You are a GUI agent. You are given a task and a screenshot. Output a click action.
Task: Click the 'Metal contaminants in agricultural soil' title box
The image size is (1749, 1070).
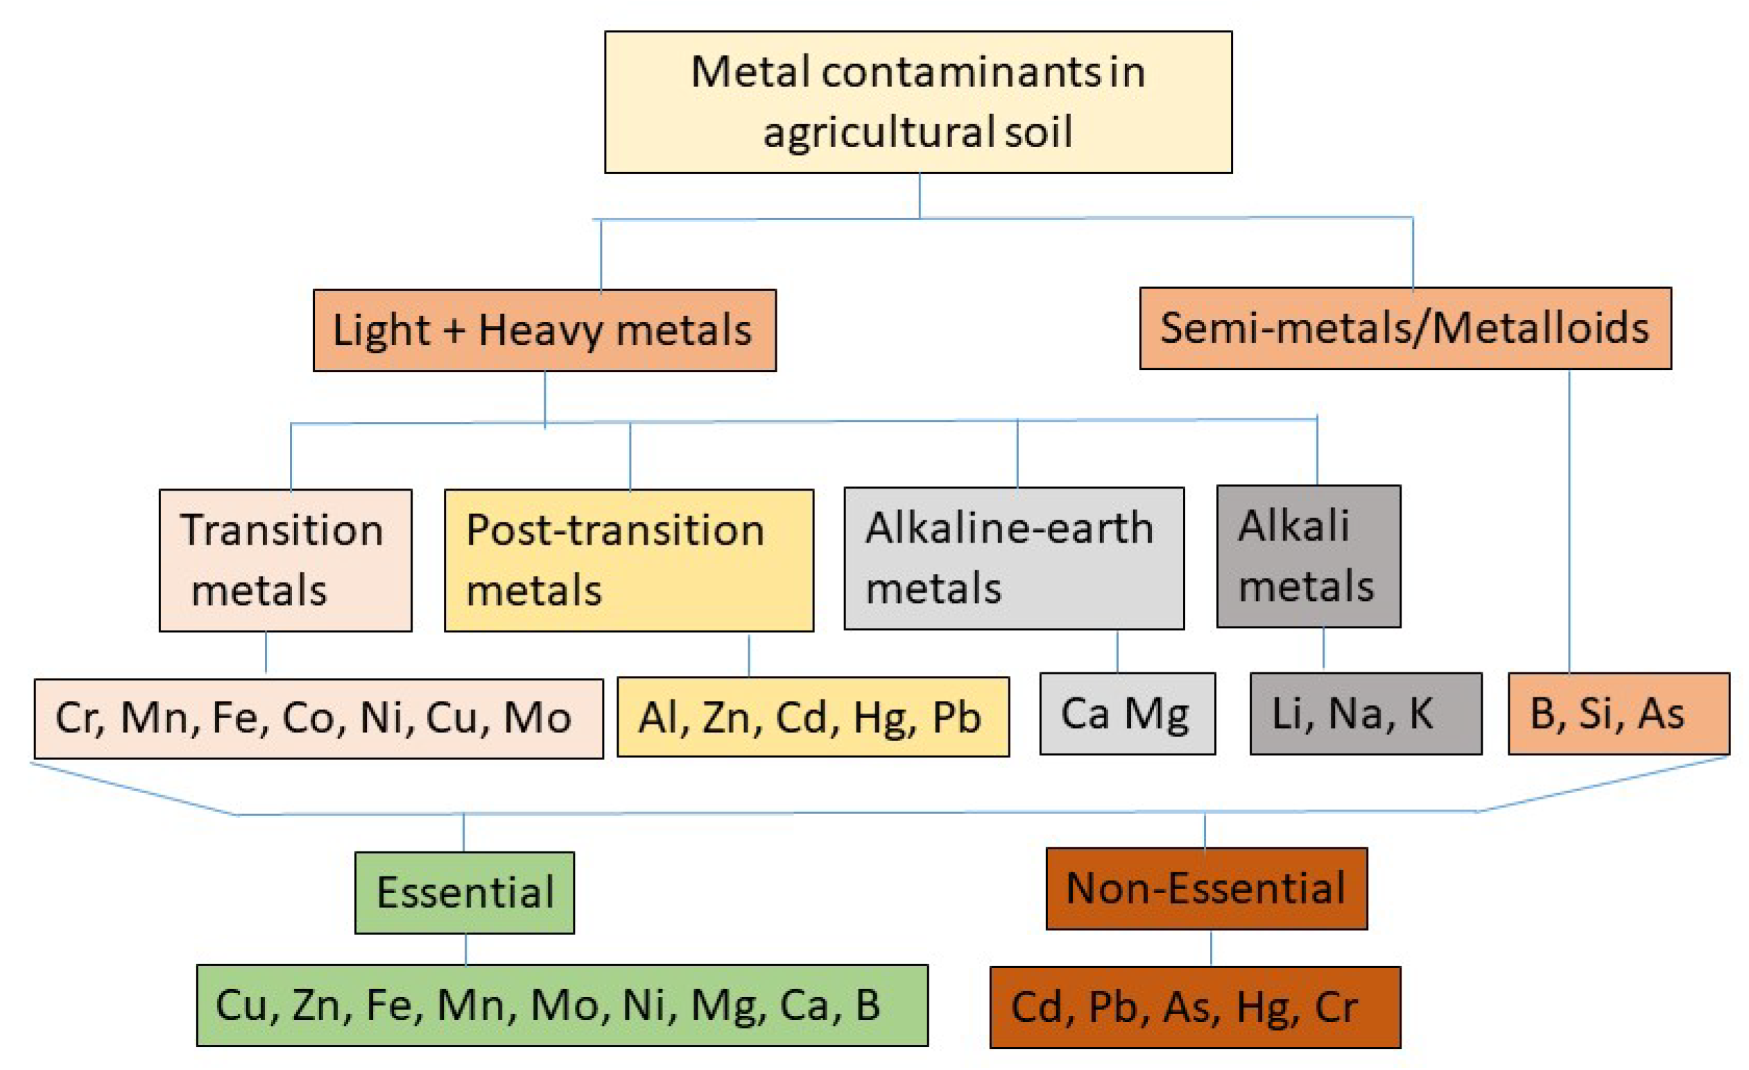917,101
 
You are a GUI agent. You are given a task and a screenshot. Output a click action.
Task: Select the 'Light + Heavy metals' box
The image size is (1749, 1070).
544,330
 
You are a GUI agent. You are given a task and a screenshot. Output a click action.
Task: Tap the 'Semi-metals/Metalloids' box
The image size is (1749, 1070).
1406,328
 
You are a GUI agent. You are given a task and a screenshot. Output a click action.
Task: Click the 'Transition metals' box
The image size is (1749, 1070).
285,560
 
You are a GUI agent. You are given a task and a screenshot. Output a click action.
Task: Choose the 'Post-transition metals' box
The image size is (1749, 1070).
629,560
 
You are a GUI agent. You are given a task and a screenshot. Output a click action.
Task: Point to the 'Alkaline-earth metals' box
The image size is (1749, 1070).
1014,558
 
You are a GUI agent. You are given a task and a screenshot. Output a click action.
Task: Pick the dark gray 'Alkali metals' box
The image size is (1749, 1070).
1308,556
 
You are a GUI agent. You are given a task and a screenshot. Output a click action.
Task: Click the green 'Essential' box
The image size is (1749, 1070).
464,892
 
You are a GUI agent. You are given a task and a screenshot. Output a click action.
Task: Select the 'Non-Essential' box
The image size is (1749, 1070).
1206,888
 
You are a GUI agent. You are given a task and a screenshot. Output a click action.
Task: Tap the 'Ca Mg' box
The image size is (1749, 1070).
1127,713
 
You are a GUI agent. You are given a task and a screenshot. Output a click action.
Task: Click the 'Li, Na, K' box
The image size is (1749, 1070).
1365,713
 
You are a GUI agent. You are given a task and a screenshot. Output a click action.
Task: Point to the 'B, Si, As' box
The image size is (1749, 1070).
1619,713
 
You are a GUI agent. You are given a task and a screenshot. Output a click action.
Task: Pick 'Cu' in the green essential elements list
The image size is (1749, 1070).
242,1005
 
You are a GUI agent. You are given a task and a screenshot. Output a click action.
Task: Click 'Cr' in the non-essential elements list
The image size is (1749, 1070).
1336,1008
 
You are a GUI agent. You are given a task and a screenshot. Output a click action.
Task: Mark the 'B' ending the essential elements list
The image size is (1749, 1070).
868,1005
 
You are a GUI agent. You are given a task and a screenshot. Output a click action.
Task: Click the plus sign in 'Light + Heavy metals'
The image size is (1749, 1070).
454,331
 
